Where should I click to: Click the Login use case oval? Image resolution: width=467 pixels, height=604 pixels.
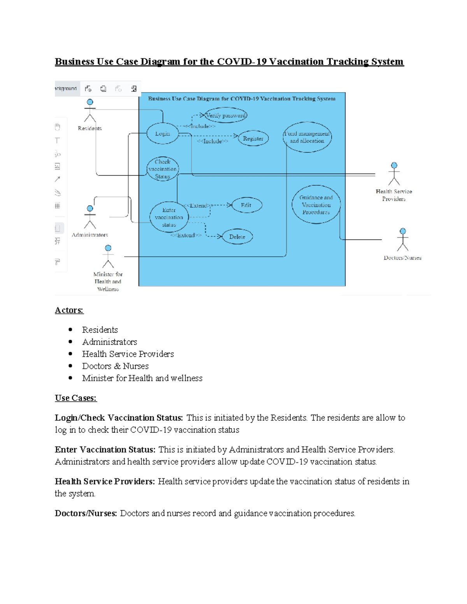click(x=162, y=134)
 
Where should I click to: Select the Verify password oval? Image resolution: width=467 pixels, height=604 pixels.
click(x=226, y=116)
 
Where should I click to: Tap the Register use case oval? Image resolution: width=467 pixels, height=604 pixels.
click(x=253, y=138)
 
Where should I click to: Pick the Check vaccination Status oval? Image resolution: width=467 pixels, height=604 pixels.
click(x=163, y=169)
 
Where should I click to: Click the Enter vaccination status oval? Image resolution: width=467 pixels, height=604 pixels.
click(x=169, y=217)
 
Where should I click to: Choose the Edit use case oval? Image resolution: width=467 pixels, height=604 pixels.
click(x=246, y=205)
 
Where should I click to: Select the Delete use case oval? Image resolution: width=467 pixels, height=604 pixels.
click(x=237, y=236)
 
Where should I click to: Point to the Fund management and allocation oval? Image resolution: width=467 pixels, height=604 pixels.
click(x=307, y=137)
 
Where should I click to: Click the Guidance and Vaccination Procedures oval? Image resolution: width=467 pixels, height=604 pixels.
click(x=316, y=205)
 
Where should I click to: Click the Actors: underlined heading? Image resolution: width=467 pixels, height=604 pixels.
click(x=69, y=310)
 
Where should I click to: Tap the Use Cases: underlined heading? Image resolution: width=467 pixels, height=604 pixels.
click(x=75, y=398)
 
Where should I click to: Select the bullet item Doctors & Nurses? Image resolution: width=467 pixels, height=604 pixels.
click(x=115, y=366)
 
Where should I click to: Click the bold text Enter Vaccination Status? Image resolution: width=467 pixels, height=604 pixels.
click(x=105, y=450)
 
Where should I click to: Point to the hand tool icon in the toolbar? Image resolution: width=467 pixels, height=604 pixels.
click(x=58, y=127)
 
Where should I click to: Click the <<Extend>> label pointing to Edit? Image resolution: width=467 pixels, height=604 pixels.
click(x=198, y=205)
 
